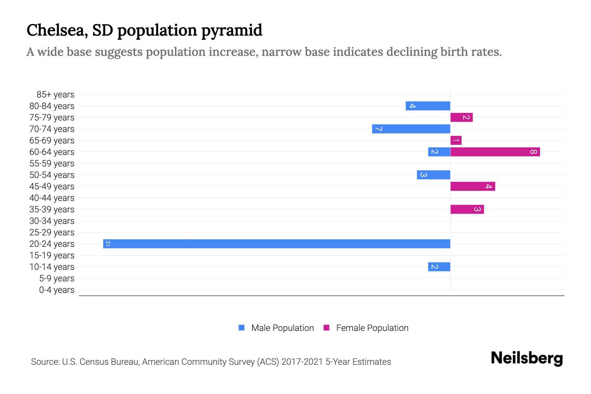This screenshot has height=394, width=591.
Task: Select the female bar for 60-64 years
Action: click(495, 152)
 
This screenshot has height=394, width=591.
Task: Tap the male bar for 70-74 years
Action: click(411, 129)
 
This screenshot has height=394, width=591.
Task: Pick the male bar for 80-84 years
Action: click(428, 106)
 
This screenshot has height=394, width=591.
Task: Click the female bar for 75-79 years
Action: click(461, 117)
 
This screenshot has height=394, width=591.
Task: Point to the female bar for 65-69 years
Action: click(456, 140)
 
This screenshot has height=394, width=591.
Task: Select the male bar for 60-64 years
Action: click(439, 152)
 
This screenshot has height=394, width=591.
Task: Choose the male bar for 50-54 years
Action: click(433, 175)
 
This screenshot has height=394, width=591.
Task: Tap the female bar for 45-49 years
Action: click(472, 186)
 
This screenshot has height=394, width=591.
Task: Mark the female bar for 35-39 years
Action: click(467, 209)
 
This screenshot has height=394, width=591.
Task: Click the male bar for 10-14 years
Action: click(439, 267)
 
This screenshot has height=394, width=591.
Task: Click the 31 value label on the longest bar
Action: click(108, 244)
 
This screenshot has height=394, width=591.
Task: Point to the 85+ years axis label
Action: click(55, 95)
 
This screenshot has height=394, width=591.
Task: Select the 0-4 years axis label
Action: click(56, 290)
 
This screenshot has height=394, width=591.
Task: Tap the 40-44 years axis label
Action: click(52, 198)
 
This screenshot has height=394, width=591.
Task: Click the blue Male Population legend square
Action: click(242, 328)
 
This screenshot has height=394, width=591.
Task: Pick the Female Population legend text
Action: click(372, 328)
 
